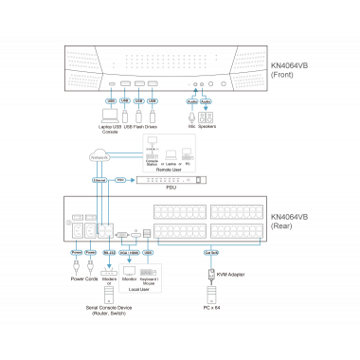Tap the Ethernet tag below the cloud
pyautogui.click(x=99, y=179)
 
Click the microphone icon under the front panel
pyautogui.click(x=193, y=117)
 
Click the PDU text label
pyautogui.click(x=171, y=189)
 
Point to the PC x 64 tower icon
pyautogui.click(x=209, y=292)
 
